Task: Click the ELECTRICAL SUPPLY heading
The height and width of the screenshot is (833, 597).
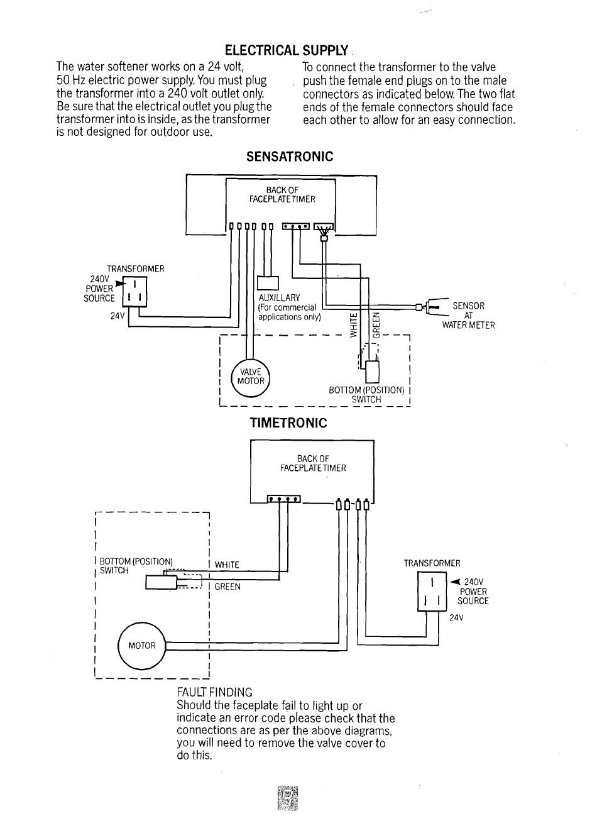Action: (x=286, y=50)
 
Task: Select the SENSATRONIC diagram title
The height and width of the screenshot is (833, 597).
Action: (x=290, y=156)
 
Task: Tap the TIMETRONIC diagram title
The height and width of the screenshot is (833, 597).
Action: (x=288, y=423)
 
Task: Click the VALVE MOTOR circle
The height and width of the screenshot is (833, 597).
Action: (x=250, y=378)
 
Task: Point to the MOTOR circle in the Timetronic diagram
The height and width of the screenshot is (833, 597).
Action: (x=141, y=645)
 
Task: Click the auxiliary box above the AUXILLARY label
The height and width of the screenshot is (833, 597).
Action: (x=268, y=283)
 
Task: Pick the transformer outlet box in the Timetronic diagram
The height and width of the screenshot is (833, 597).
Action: (x=432, y=592)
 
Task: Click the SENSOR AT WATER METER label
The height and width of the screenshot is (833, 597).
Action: (x=468, y=316)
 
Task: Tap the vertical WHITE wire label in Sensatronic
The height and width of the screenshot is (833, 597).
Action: (x=354, y=325)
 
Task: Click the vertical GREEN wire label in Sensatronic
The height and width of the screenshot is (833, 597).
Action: (x=376, y=324)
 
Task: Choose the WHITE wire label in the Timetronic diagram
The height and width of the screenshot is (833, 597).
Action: (x=227, y=565)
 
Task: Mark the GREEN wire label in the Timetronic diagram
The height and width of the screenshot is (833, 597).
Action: (x=227, y=587)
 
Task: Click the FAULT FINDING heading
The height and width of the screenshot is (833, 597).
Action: (x=214, y=692)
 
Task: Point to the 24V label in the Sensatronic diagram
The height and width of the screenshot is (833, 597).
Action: (x=117, y=316)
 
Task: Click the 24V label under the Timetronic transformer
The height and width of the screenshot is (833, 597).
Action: (x=456, y=618)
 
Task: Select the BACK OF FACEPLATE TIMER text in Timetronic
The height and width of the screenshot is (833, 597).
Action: (x=313, y=463)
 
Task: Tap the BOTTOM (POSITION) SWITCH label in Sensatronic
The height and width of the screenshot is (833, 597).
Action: (x=366, y=395)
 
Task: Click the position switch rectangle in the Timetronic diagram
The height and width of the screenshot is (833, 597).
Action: (x=161, y=582)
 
